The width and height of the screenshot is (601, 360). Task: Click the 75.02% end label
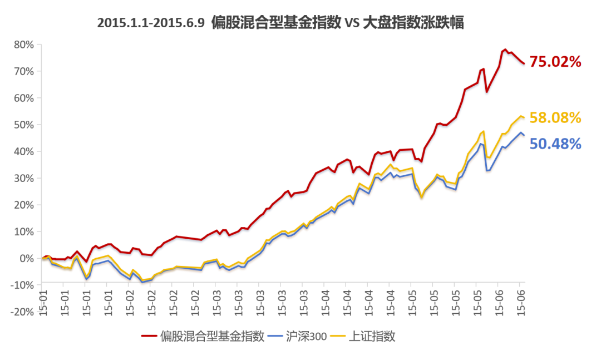click(x=555, y=62)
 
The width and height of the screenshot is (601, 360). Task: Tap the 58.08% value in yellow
click(x=555, y=118)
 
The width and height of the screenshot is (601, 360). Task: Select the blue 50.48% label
click(x=555, y=144)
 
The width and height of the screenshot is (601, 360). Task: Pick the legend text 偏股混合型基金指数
click(x=212, y=336)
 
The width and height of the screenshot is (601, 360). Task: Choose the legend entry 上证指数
click(x=372, y=336)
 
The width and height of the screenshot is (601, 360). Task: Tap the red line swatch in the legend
click(x=149, y=336)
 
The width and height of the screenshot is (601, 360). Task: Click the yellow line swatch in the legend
click(x=338, y=336)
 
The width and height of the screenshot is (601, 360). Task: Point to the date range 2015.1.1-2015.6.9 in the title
click(x=151, y=24)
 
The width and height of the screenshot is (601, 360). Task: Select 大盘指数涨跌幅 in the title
click(x=412, y=24)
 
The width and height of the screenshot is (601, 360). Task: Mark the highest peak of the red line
click(x=505, y=50)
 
